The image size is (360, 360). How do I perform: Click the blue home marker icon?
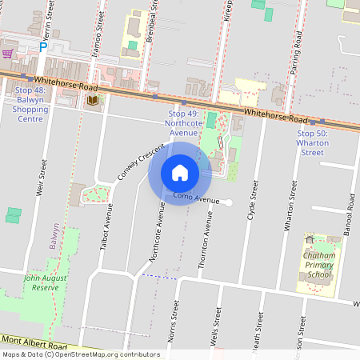(x=179, y=173)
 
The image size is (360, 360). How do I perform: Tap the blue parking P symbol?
(x=43, y=48)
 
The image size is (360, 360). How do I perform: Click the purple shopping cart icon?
(x=7, y=53)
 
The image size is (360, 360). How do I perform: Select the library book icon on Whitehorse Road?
(x=93, y=100)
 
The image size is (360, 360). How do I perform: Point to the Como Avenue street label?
(x=195, y=199)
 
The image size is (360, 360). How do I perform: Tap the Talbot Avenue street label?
(x=106, y=229)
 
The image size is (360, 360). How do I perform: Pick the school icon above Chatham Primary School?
(x=310, y=239)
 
